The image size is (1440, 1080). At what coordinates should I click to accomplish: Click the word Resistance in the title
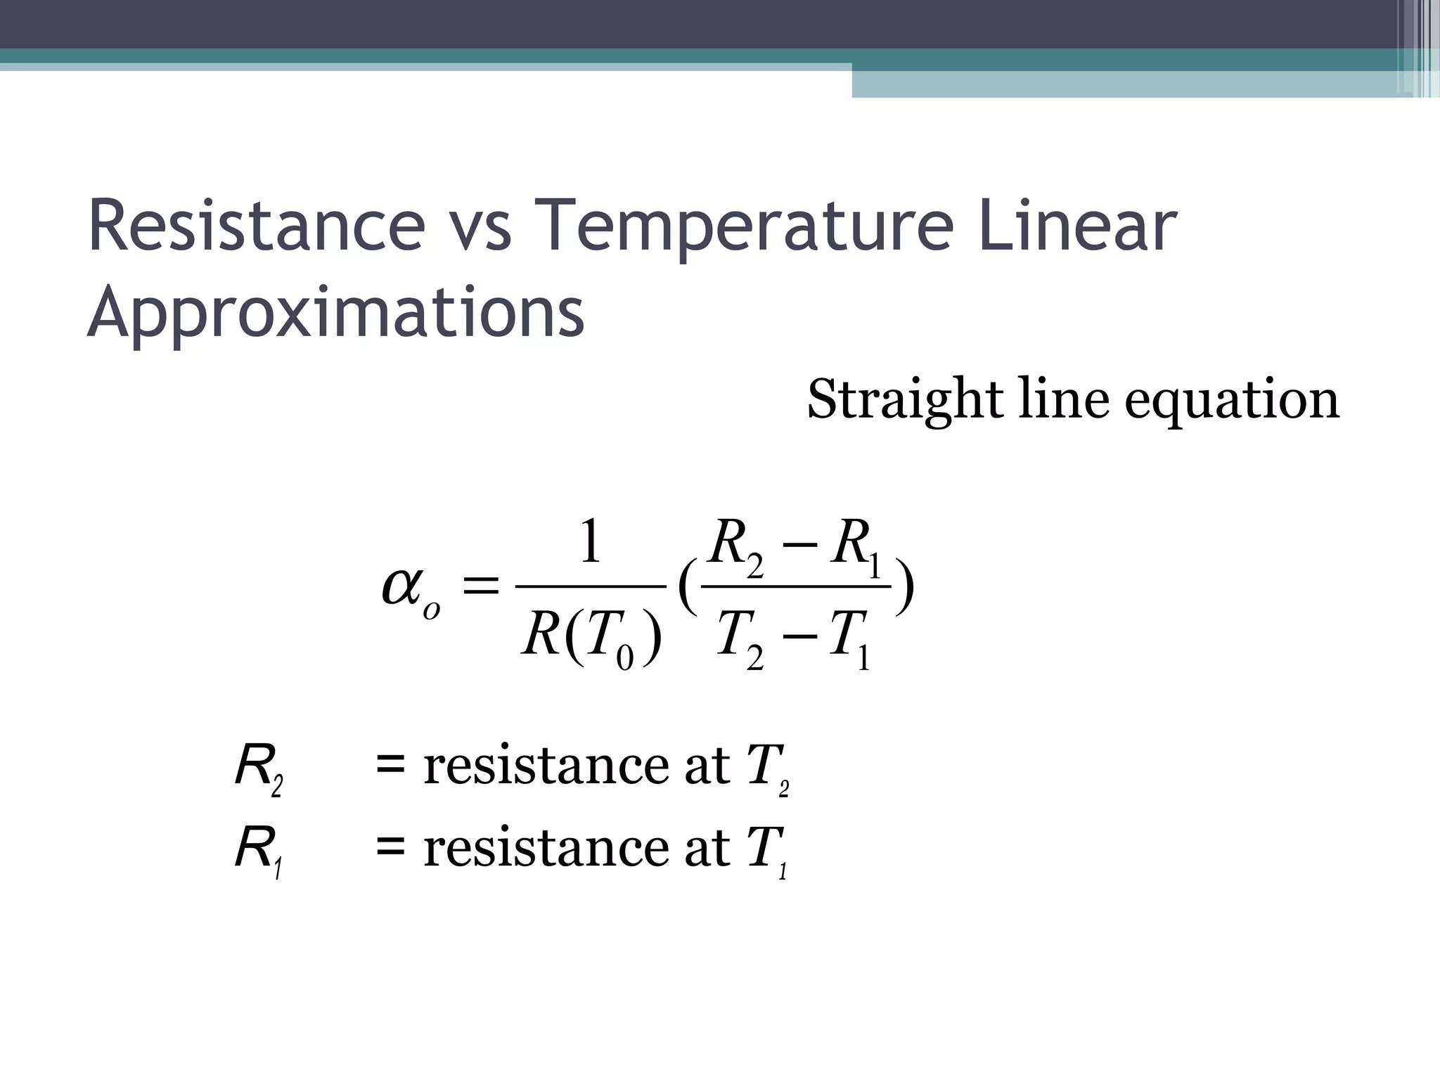257,226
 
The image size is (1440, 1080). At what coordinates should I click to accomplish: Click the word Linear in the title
1076,226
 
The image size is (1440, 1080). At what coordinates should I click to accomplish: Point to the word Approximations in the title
335,313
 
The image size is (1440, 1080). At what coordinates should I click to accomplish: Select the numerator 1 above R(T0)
590,542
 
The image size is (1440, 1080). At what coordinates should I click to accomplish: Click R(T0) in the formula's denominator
591,636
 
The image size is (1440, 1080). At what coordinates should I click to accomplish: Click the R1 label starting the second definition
258,851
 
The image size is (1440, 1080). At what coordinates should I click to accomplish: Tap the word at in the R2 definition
707,766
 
